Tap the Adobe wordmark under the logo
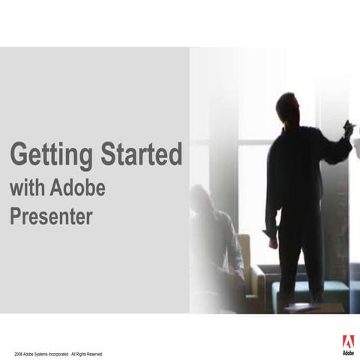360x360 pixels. [349, 352]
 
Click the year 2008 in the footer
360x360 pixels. [18, 352]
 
